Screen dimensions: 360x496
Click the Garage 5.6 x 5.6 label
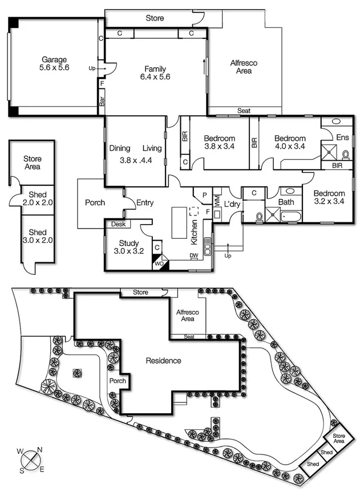point(54,63)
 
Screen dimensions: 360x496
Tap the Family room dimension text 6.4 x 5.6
point(155,77)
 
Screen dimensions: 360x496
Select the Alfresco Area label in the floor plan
point(244,67)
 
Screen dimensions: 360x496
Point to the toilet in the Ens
point(345,155)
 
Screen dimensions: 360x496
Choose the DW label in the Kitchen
point(194,255)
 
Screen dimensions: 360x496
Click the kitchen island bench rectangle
point(179,223)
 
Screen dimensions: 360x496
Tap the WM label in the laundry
point(217,202)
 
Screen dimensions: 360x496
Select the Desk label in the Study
point(119,224)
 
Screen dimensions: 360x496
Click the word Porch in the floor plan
point(95,202)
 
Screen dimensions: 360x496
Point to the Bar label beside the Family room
point(102,101)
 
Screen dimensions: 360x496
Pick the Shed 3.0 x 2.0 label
point(37,236)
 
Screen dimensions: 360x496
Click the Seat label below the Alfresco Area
point(244,111)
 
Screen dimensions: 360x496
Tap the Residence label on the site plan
point(163,361)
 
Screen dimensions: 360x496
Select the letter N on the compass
point(40,450)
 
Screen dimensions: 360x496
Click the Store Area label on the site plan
point(338,438)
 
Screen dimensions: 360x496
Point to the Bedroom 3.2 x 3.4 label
point(329,197)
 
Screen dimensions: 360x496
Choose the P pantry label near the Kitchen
point(205,195)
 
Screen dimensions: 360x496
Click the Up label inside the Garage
point(92,68)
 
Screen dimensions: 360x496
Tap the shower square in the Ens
point(329,152)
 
